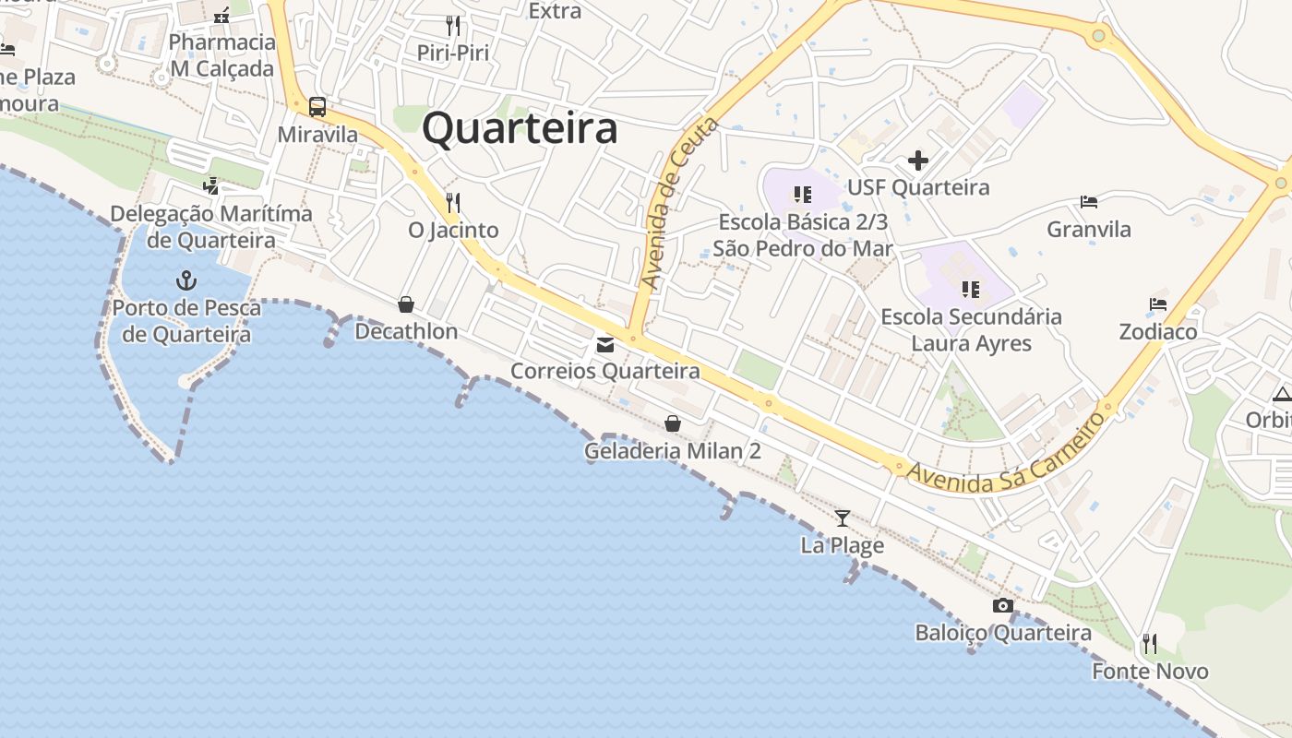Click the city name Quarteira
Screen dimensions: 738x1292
coord(520,128)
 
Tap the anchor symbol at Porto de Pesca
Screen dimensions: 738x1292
coord(187,280)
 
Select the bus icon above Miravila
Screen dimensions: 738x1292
coord(317,107)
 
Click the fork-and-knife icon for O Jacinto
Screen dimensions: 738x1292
coord(453,202)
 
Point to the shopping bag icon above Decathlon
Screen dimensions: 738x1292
coord(406,304)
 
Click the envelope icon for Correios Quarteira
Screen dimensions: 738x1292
coord(605,345)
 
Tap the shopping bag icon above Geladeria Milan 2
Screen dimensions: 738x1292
coord(673,423)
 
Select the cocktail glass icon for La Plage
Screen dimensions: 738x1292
coord(842,518)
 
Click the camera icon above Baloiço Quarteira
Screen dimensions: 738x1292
coord(1003,606)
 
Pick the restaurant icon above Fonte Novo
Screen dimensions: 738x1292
coord(1150,643)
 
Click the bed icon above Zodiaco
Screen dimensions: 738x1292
coord(1158,304)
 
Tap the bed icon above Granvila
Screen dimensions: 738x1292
coord(1089,202)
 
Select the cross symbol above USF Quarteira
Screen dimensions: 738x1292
coord(918,161)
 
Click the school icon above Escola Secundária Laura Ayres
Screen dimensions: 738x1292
coord(971,290)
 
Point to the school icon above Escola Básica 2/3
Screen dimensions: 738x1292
coord(803,195)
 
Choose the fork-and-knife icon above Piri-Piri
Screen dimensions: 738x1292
coord(453,25)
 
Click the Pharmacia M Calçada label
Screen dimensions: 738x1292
coord(222,55)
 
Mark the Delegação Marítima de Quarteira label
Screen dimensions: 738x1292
coord(211,227)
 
